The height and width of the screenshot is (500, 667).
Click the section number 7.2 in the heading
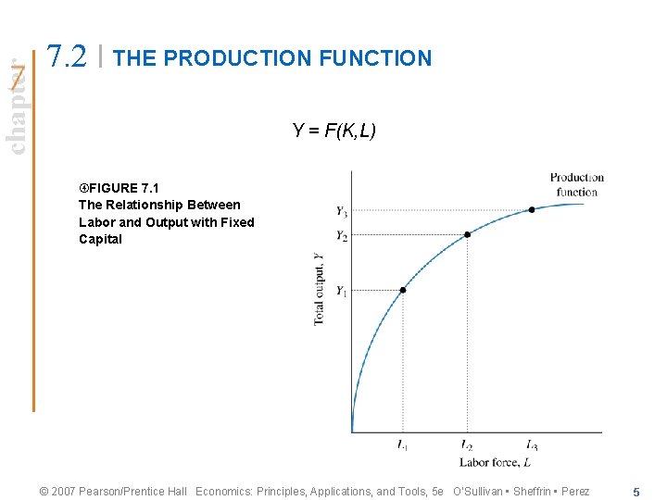pos(68,57)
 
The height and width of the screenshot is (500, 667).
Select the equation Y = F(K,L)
pos(333,131)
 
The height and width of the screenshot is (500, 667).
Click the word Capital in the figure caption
pos(100,239)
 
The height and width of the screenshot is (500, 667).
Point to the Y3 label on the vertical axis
pos(342,211)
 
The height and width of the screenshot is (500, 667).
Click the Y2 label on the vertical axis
pos(342,236)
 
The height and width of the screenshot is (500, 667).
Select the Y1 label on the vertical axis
pos(342,292)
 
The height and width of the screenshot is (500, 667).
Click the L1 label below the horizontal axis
pos(402,446)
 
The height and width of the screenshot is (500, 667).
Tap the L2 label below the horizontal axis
pos(467,446)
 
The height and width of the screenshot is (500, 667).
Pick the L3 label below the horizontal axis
pos(532,446)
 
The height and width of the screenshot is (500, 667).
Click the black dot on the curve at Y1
pos(403,290)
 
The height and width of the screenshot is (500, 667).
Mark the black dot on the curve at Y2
pos(467,234)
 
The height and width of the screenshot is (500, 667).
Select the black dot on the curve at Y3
pos(532,209)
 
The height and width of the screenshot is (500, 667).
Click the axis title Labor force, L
pos(495,462)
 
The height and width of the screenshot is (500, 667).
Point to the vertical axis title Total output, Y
pos(320,288)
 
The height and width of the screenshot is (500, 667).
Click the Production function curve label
pos(576,184)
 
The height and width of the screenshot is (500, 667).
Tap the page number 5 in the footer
pos(636,492)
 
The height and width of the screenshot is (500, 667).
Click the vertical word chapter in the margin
pos(16,105)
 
